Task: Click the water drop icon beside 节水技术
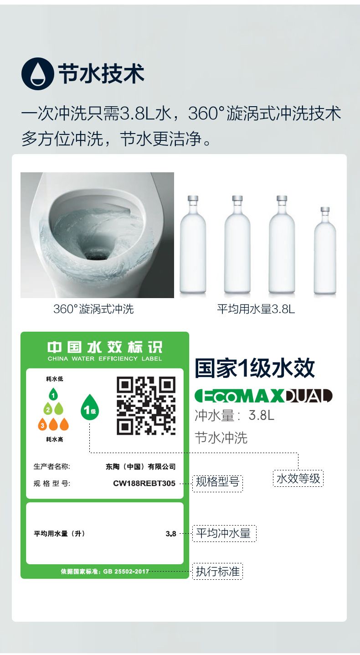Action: (38, 74)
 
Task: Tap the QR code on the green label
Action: (146, 406)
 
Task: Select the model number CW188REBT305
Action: (144, 483)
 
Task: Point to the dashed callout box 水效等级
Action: (298, 479)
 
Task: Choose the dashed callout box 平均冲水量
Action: (224, 533)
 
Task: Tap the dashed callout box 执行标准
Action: (217, 572)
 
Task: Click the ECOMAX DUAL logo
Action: (263, 396)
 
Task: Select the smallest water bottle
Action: (325, 250)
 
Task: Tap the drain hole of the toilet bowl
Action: (98, 253)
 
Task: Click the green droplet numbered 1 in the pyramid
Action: (53, 394)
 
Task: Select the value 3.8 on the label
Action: (171, 534)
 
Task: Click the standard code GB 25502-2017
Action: (126, 572)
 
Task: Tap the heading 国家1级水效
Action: (255, 368)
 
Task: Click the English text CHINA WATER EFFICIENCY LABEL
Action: (105, 359)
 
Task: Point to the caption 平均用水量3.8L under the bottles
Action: (256, 309)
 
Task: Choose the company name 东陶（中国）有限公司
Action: (141, 466)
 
